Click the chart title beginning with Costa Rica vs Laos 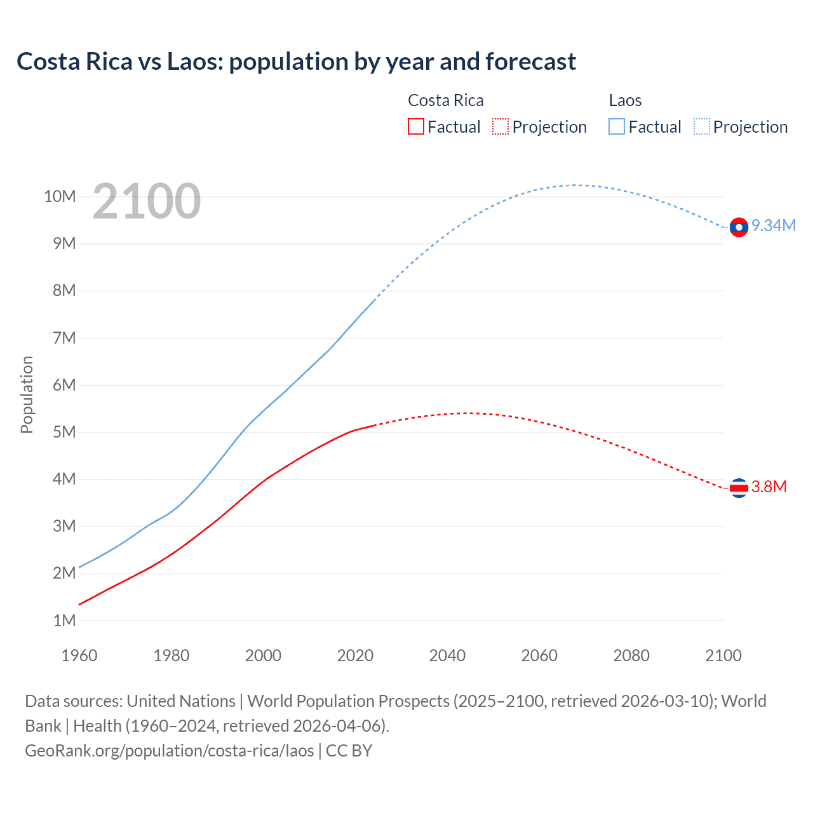[x=296, y=62]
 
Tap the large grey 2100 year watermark [x=147, y=201]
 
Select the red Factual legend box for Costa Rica [x=415, y=126]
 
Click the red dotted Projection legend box [x=501, y=126]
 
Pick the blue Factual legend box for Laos [x=616, y=126]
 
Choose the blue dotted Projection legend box [x=701, y=126]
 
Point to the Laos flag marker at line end [x=738, y=227]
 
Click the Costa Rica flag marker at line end [x=738, y=488]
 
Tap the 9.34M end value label [x=774, y=226]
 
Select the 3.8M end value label [x=769, y=487]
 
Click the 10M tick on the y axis [x=60, y=197]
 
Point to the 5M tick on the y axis [x=64, y=433]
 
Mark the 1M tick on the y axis [x=64, y=621]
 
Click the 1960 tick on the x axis [x=79, y=655]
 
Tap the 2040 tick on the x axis [x=447, y=655]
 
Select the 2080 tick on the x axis [x=631, y=655]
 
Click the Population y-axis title [x=27, y=394]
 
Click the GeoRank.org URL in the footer [x=170, y=751]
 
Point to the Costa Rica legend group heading [x=445, y=100]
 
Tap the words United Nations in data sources [x=181, y=701]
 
